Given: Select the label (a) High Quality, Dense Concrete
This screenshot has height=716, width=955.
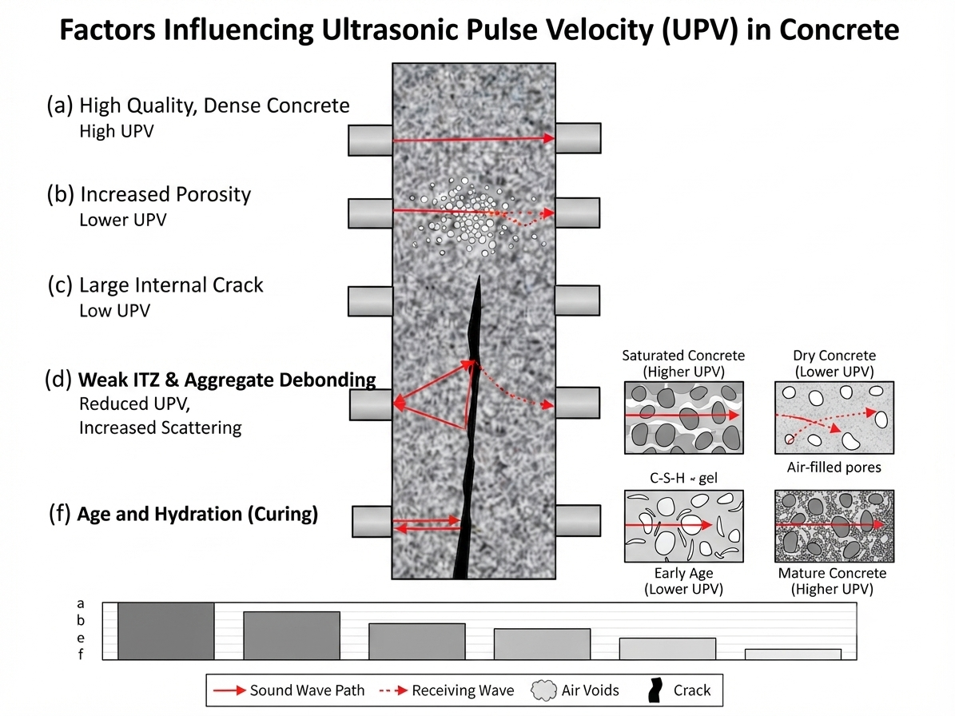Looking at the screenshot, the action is pos(198,105).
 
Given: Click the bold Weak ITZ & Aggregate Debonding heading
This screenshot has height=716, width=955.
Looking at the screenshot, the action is pos(227,380).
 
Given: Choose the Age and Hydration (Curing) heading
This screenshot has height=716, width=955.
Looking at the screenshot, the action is pos(197,514).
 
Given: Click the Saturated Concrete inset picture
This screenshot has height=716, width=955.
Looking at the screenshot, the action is pos(683,418).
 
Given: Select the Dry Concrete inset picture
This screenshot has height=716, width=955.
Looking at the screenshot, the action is pos(834,418).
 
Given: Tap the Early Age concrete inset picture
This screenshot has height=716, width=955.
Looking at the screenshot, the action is pos(683,526).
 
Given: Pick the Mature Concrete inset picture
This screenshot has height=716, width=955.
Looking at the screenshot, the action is pos(834,526).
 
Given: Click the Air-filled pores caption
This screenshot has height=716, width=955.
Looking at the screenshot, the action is pos(834,467).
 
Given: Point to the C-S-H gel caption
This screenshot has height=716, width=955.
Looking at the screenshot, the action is pos(683,479).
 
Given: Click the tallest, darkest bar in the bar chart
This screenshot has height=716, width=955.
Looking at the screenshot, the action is pos(166,631).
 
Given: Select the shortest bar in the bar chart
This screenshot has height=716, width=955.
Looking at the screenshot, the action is pos(793,654).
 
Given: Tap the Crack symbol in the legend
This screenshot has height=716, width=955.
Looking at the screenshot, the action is pos(655,690).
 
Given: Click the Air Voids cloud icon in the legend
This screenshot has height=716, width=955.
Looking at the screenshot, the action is pos(544,690).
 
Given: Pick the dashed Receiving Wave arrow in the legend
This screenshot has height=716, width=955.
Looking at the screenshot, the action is pos(393,690).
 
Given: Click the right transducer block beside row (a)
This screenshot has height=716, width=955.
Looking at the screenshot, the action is pos(578,138).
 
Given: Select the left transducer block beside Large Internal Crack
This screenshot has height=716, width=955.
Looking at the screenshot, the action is pos(370,301).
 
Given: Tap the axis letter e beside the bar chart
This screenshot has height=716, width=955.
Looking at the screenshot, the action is pos(81,638).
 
